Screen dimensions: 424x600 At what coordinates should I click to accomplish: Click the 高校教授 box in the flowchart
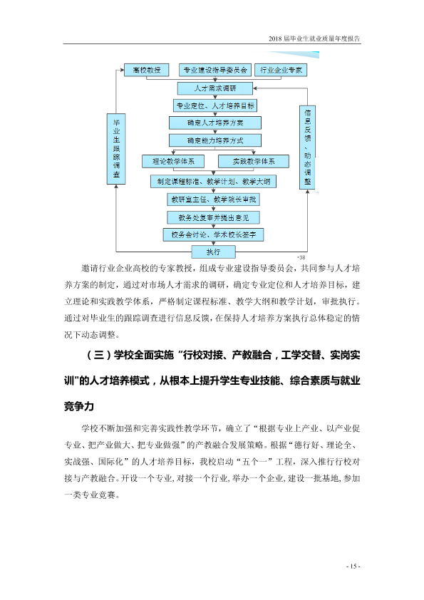147,70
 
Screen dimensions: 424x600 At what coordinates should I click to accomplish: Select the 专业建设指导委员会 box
215,70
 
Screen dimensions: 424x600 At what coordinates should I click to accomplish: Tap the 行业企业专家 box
281,70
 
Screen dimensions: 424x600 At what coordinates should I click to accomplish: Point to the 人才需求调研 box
215,88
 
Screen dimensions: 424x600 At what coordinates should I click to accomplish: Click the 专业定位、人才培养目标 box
215,105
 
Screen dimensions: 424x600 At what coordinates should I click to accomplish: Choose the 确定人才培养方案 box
215,123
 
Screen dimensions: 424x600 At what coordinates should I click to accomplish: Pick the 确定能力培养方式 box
215,140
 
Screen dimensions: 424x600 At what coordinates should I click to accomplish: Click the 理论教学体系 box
173,162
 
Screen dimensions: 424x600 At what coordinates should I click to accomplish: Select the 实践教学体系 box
254,162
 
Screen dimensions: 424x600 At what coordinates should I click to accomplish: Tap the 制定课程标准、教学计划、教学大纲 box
214,182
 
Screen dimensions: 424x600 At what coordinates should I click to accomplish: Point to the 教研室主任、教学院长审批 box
214,200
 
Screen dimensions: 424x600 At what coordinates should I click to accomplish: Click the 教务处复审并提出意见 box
214,218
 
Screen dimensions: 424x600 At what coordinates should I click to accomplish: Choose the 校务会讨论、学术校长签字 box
214,234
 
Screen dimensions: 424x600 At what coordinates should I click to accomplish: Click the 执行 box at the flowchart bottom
214,252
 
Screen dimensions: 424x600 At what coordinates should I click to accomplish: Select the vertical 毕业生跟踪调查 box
116,149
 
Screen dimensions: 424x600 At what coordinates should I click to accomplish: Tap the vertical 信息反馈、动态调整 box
307,148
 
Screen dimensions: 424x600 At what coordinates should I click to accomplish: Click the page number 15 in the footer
353,567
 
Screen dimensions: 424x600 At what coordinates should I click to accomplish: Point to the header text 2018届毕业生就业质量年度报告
314,38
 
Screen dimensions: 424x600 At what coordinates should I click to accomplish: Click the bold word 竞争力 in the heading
79,406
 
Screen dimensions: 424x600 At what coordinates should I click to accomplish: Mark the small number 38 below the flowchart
301,257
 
